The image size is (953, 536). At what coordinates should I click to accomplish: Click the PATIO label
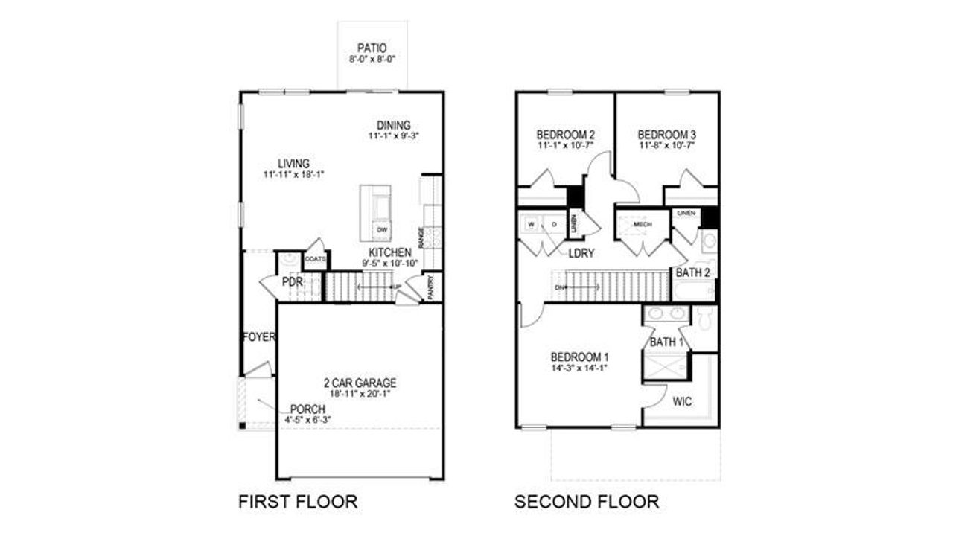tap(372, 46)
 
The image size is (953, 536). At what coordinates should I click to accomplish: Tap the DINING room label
tap(393, 126)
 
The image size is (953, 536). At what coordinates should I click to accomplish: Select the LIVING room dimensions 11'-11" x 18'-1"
tap(294, 174)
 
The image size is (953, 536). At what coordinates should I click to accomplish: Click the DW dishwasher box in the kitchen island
tap(382, 229)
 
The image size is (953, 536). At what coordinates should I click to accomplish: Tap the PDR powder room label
tap(291, 282)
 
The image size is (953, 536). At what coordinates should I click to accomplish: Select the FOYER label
tap(259, 337)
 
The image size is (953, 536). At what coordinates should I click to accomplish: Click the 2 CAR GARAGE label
tap(360, 383)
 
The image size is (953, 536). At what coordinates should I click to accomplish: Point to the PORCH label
tap(307, 409)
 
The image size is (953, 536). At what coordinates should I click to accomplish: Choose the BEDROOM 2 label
tap(566, 135)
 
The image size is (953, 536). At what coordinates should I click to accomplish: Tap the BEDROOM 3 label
tap(666, 135)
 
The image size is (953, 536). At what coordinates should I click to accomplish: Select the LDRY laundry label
tap(581, 253)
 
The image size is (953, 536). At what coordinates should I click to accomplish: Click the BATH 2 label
tap(697, 272)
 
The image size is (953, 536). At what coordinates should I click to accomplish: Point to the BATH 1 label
tap(667, 342)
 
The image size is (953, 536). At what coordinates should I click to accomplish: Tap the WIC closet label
tap(682, 402)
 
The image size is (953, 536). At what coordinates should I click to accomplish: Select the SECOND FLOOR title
tap(587, 501)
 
